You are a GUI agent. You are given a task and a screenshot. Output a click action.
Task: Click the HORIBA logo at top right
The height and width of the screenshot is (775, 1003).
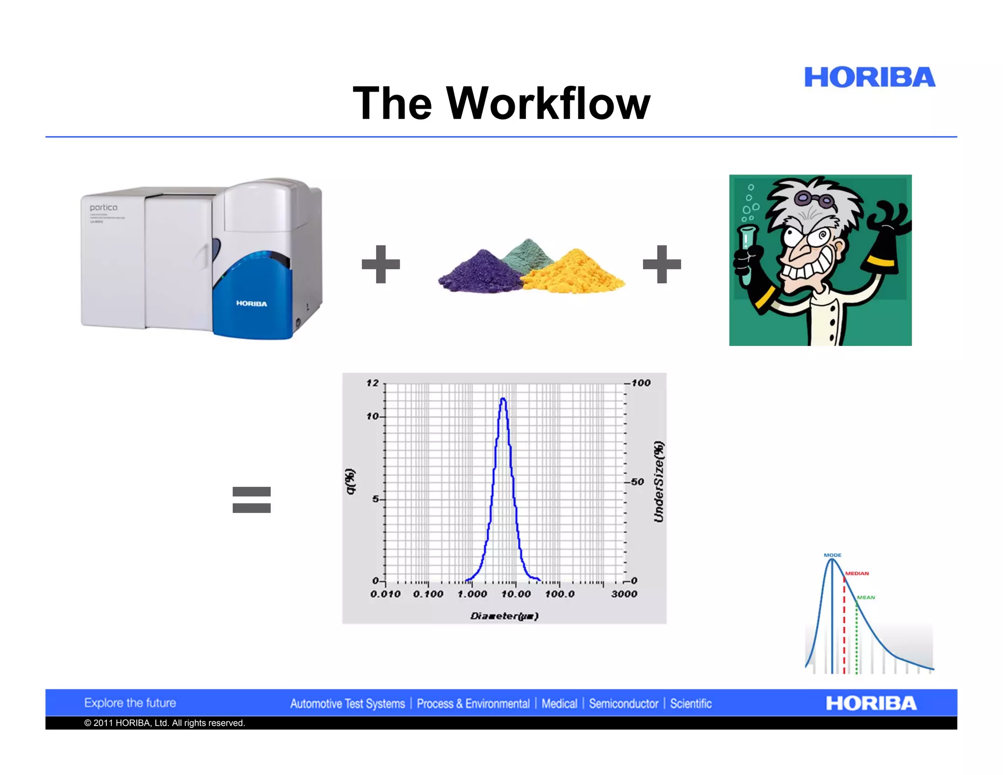tap(869, 77)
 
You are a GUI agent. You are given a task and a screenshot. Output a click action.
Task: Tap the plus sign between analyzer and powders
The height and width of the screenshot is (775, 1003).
tap(381, 264)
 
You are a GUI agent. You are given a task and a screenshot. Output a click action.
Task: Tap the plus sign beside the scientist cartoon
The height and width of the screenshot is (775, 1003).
tap(662, 264)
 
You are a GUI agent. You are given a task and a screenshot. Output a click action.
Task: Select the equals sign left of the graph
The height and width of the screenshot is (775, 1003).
tap(251, 500)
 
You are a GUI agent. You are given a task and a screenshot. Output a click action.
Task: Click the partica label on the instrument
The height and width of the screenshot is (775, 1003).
tap(103, 208)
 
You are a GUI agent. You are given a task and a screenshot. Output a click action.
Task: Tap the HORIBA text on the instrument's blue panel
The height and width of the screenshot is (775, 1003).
tap(252, 304)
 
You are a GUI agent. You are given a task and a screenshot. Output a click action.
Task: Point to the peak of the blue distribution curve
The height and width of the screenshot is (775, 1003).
tap(503, 399)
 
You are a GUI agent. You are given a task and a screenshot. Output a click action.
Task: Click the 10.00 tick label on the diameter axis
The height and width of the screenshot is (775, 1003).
tap(516, 594)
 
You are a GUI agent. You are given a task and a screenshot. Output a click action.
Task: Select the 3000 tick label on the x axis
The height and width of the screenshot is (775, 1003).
tap(624, 594)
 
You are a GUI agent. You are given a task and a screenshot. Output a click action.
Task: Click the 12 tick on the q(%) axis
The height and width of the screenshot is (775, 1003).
tap(373, 383)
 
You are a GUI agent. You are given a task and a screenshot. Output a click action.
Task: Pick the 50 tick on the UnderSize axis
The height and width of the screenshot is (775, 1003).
tap(637, 482)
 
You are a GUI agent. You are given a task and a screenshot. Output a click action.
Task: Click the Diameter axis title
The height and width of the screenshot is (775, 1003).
tap(504, 616)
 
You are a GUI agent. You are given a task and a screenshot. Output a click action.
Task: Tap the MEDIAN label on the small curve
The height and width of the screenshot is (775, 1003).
tap(857, 573)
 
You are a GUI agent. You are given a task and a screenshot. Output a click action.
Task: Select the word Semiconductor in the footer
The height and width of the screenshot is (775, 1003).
tap(623, 704)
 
